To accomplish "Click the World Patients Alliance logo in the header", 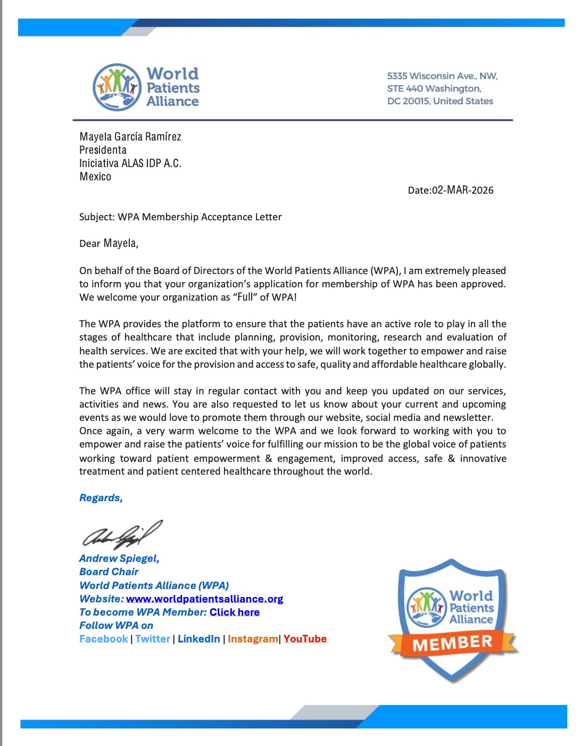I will click(146, 87).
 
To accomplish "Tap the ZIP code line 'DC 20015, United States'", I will click(440, 101).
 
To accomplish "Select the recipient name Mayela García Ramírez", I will click(130, 137).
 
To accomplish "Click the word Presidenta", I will click(103, 150).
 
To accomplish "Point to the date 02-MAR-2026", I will click(462, 190).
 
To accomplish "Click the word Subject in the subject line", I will click(96, 217).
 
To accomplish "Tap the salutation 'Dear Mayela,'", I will click(109, 243).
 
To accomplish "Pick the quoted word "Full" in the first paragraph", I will click(245, 297).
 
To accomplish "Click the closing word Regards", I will click(101, 498).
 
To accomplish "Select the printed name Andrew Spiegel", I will click(119, 558).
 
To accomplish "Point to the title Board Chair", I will click(109, 572).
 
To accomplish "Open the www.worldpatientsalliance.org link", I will click(204, 599).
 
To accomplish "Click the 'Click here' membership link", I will click(234, 612).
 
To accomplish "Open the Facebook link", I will click(104, 639).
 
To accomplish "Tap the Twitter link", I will click(153, 639).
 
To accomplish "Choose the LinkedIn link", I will click(198, 639).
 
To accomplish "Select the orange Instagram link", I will click(253, 639).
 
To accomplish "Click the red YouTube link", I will click(305, 639).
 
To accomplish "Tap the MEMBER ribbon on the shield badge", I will click(452, 643).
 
